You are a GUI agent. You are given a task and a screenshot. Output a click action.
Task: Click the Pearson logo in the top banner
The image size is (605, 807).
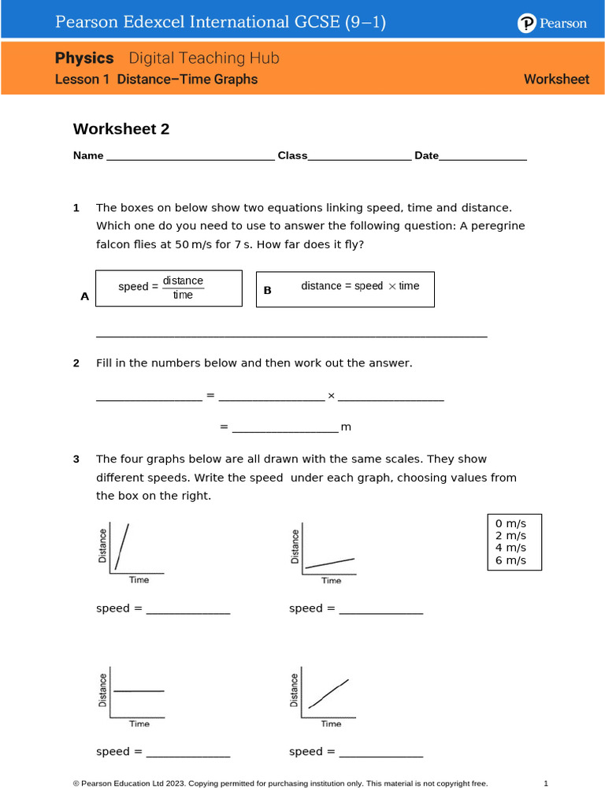coord(551,24)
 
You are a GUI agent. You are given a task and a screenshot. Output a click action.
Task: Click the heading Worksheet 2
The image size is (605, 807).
coord(121,129)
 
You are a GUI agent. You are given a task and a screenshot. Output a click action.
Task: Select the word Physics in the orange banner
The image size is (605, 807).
coord(84,58)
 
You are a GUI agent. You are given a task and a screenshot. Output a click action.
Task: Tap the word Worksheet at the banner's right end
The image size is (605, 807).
coord(556,79)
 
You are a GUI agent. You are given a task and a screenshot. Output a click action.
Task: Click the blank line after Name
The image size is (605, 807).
coord(189,157)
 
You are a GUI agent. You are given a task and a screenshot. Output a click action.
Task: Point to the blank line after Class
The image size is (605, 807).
coord(359,157)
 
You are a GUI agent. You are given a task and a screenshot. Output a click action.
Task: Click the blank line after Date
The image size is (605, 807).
coord(482,157)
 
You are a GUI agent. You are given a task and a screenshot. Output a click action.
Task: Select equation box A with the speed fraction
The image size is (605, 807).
coord(169,288)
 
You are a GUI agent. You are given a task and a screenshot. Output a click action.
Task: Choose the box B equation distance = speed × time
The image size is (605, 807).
coord(345,288)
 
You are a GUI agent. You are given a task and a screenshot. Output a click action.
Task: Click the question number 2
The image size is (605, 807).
coord(76,363)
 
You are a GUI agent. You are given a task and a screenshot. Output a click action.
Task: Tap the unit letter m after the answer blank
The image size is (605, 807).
coord(345,427)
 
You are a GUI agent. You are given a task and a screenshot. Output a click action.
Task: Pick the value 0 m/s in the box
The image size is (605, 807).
coord(510,523)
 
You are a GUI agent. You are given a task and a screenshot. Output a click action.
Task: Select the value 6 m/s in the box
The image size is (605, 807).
coord(510,561)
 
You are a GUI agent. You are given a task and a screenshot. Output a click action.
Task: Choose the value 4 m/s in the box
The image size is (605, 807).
coord(510,549)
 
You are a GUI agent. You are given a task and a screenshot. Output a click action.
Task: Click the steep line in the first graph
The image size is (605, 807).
coord(122,545)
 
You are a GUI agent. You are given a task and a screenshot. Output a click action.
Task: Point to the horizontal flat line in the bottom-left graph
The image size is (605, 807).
coord(139,691)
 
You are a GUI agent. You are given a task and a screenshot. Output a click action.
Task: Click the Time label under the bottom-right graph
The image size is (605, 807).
coord(331,723)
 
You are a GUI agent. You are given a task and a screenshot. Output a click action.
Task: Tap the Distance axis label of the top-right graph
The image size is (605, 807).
coord(295,546)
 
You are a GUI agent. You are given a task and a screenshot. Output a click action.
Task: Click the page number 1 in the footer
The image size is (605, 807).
coord(545,783)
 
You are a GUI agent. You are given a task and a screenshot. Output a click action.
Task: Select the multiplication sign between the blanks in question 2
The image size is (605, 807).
coord(331,395)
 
